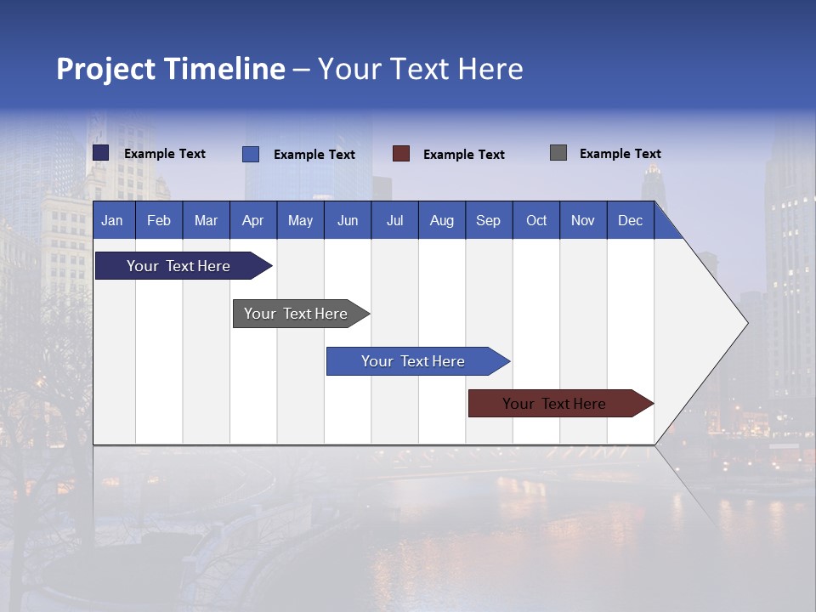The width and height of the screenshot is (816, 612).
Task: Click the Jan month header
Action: tap(113, 220)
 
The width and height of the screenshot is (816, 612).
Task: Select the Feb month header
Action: tap(159, 220)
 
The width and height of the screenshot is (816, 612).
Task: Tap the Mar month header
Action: tap(206, 220)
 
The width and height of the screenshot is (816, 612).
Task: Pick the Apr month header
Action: tap(253, 220)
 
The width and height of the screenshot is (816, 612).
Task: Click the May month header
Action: tap(300, 220)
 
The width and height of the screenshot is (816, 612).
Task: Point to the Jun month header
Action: tap(348, 220)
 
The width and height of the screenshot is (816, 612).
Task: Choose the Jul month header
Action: tap(394, 220)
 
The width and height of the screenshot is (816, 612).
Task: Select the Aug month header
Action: tap(442, 220)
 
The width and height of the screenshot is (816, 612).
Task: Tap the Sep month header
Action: tap(489, 220)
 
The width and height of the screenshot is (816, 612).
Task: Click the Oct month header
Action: tap(536, 220)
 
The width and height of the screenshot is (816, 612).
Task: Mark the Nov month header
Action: tap(583, 220)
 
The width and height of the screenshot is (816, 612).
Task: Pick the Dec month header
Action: tap(631, 220)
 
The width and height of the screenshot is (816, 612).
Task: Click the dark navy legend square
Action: tap(101, 153)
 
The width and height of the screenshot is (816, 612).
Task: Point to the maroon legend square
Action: tap(401, 154)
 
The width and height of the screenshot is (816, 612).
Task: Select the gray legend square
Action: tap(558, 153)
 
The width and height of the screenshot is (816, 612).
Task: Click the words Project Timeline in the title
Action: tap(171, 69)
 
